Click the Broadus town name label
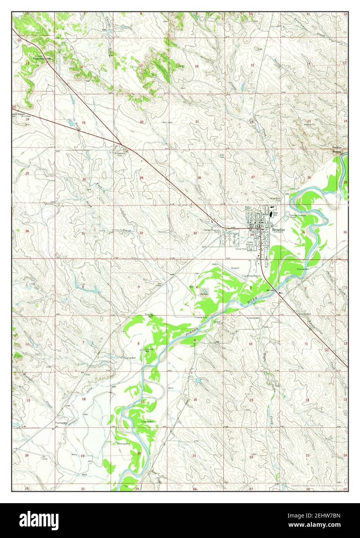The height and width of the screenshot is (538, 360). [x=278, y=230]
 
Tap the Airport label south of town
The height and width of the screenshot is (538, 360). [x=235, y=268]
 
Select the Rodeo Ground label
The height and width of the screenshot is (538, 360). [x=250, y=243]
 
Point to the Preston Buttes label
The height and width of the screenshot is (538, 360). [x=338, y=150]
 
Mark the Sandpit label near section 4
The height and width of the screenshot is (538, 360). [x=204, y=294]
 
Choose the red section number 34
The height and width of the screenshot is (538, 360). [x=252, y=235]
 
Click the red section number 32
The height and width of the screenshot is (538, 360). [x=141, y=233]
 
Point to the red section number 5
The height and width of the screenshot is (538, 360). [x=139, y=287]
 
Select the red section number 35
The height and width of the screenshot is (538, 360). [x=303, y=233]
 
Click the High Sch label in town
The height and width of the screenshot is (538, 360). [x=275, y=214]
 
